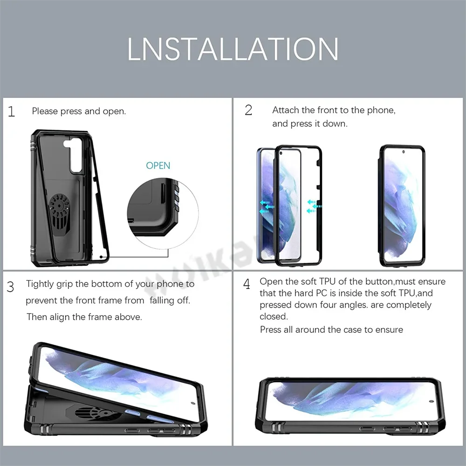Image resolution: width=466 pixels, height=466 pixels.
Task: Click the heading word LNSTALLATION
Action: [233, 48]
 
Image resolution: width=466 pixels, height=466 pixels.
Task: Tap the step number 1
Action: [12, 112]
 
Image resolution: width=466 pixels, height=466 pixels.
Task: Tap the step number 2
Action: [248, 110]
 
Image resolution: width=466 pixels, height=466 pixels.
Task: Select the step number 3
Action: [10, 287]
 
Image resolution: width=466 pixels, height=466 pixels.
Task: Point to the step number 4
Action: [247, 284]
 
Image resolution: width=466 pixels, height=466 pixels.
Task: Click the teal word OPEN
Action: [158, 165]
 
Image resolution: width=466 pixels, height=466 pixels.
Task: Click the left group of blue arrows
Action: [267, 206]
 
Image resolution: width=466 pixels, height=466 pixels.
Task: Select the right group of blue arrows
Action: [314, 206]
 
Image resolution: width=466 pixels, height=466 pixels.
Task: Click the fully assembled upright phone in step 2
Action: [402, 206]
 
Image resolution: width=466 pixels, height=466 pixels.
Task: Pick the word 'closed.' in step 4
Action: [274, 316]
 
